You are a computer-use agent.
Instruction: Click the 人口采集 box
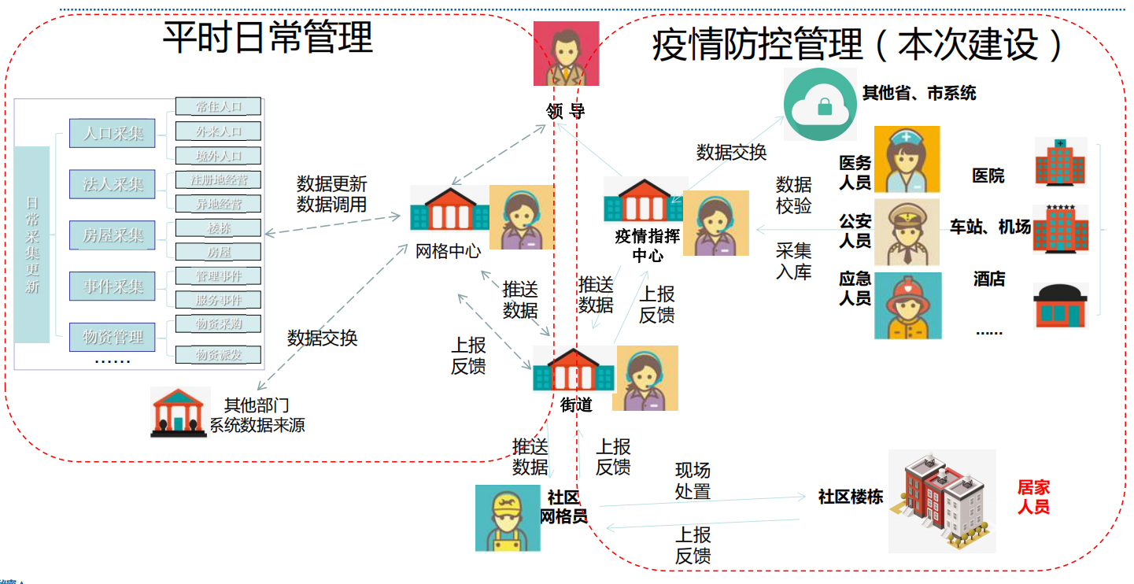[113, 133]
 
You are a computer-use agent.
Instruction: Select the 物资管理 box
[113, 338]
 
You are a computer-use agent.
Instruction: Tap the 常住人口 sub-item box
[218, 107]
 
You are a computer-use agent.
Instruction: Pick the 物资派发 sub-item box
[218, 355]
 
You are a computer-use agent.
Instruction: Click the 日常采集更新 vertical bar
[31, 244]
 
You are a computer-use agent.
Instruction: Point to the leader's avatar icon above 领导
[566, 54]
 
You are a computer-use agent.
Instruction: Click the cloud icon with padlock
[819, 104]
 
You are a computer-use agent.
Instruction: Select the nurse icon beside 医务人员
[907, 159]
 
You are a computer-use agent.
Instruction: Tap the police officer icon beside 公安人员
[907, 232]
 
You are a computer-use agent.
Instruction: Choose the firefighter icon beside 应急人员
[907, 305]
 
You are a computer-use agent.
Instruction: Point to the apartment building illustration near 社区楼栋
[941, 501]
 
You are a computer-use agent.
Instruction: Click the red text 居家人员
[1033, 497]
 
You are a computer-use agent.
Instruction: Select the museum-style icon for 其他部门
[179, 412]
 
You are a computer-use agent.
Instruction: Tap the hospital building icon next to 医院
[1060, 163]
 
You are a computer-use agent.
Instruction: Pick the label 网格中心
[448, 252]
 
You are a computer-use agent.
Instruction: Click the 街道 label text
[576, 405]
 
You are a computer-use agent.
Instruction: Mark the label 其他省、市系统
[918, 94]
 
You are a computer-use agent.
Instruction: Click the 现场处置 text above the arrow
[693, 481]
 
